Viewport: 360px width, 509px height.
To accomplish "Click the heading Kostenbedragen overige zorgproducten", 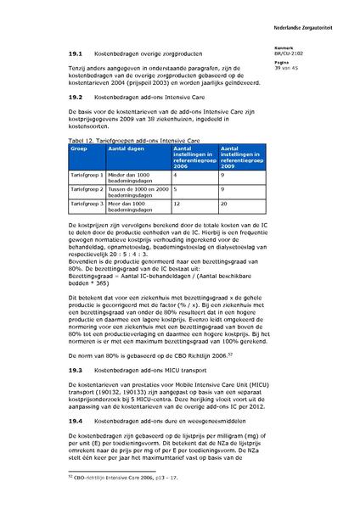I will click(147, 53).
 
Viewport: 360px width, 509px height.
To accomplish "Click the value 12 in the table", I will click(176, 204).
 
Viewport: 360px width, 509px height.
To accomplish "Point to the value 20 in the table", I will click(223, 204).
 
